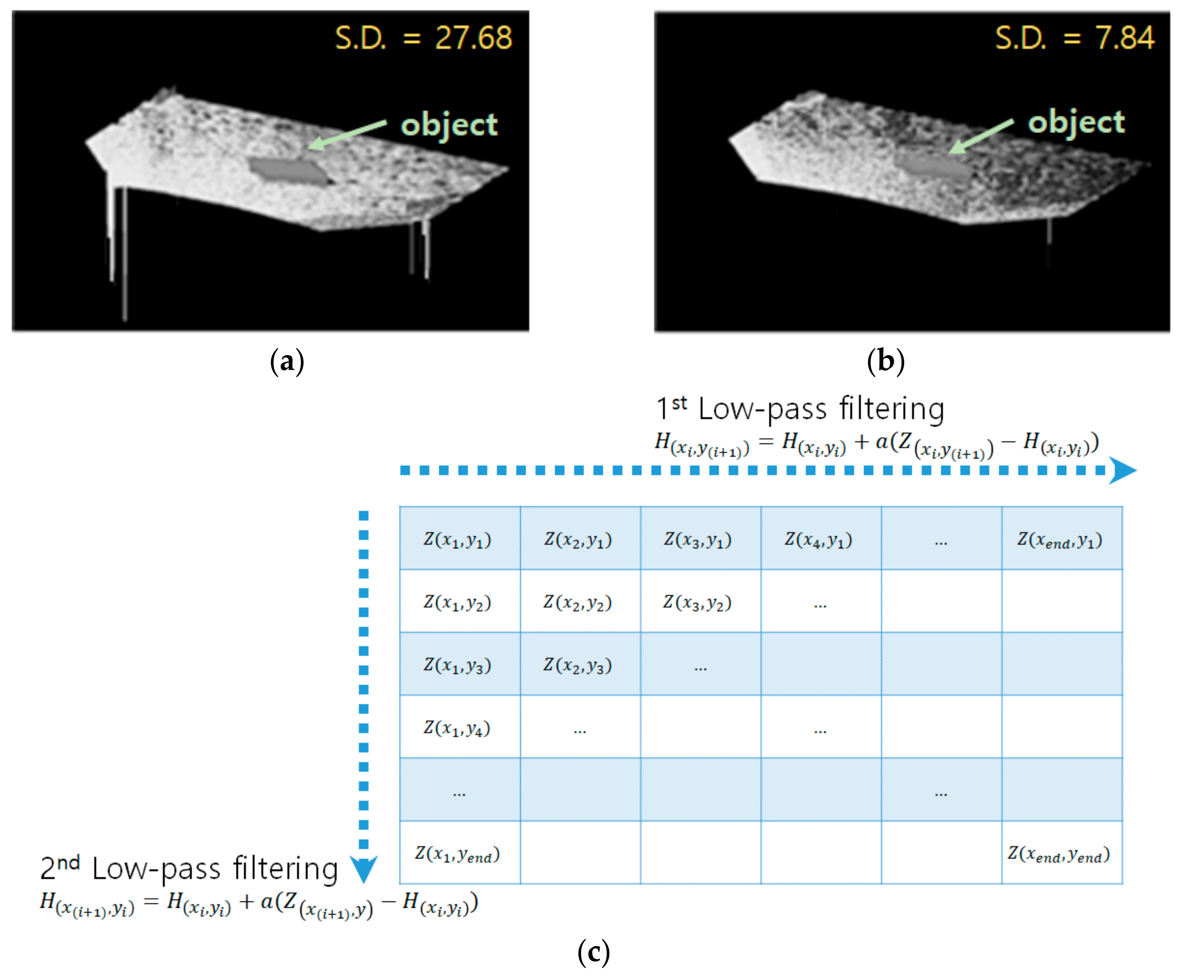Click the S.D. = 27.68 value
(423, 38)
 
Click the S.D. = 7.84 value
(1074, 38)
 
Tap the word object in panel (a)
(449, 125)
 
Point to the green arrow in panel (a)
(347, 135)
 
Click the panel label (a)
(287, 361)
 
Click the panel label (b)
(885, 361)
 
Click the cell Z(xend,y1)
(1061, 540)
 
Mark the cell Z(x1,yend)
(458, 855)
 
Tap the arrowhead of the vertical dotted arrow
(363, 868)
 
